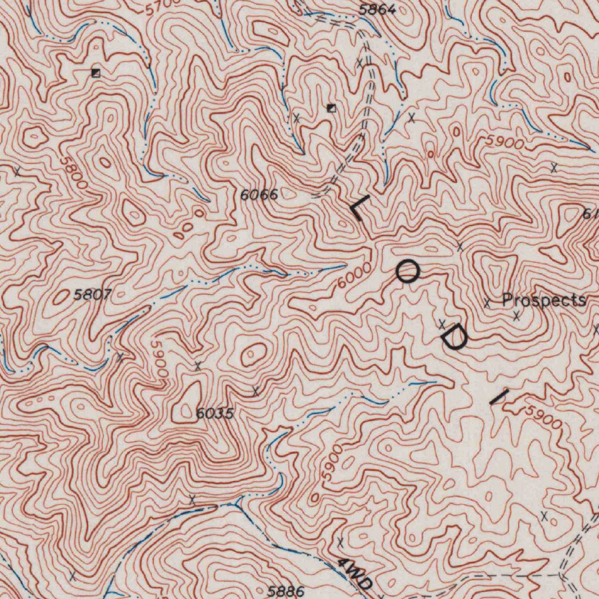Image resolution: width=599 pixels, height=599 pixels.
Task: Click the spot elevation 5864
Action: [x=377, y=9]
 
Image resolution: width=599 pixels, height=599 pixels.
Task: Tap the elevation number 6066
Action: [x=259, y=195]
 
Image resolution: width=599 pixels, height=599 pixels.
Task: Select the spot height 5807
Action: [x=92, y=295]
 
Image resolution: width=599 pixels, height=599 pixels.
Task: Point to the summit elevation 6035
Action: [x=215, y=414]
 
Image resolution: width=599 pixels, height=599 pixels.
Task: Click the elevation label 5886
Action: [x=286, y=591]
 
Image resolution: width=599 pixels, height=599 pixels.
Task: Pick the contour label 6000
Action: [x=354, y=276]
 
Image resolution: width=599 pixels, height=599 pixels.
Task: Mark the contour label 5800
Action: [x=74, y=172]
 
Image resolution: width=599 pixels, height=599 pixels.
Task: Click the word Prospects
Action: [x=544, y=301]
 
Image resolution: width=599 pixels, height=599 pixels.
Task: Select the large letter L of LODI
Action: [x=358, y=208]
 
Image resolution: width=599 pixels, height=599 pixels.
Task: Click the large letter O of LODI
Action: [x=407, y=272]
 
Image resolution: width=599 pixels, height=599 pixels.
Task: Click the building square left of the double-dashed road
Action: [x=331, y=108]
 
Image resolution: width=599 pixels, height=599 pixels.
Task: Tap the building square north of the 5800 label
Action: [x=96, y=73]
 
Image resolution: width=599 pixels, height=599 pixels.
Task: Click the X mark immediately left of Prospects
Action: [x=487, y=302]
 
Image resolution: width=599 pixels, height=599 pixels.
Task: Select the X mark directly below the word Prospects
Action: [x=517, y=316]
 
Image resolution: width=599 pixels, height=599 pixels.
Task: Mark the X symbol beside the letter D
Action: [x=443, y=323]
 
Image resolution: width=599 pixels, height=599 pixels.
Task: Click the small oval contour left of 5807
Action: [x=61, y=298]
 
